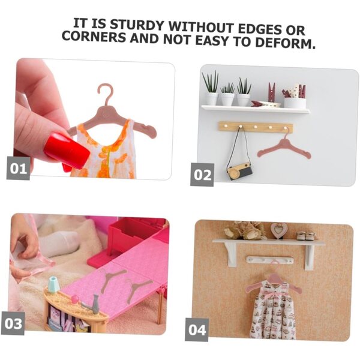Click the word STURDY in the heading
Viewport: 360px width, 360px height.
(x=137, y=25)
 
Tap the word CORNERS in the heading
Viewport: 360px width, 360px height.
(x=94, y=36)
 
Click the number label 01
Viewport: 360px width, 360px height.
(x=18, y=169)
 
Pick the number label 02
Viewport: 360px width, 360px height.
(x=202, y=175)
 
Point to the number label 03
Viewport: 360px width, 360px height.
(x=13, y=323)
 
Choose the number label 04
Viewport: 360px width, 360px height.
(x=197, y=329)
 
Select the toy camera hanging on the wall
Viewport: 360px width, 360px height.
(x=239, y=171)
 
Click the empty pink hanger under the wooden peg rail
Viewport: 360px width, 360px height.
(x=284, y=147)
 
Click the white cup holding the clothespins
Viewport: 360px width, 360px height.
(x=295, y=103)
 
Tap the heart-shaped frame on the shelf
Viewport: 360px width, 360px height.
(x=278, y=230)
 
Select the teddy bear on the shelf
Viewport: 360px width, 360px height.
(x=245, y=230)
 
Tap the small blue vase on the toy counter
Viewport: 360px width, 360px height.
(x=53, y=284)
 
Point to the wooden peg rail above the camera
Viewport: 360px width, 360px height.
(x=256, y=127)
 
